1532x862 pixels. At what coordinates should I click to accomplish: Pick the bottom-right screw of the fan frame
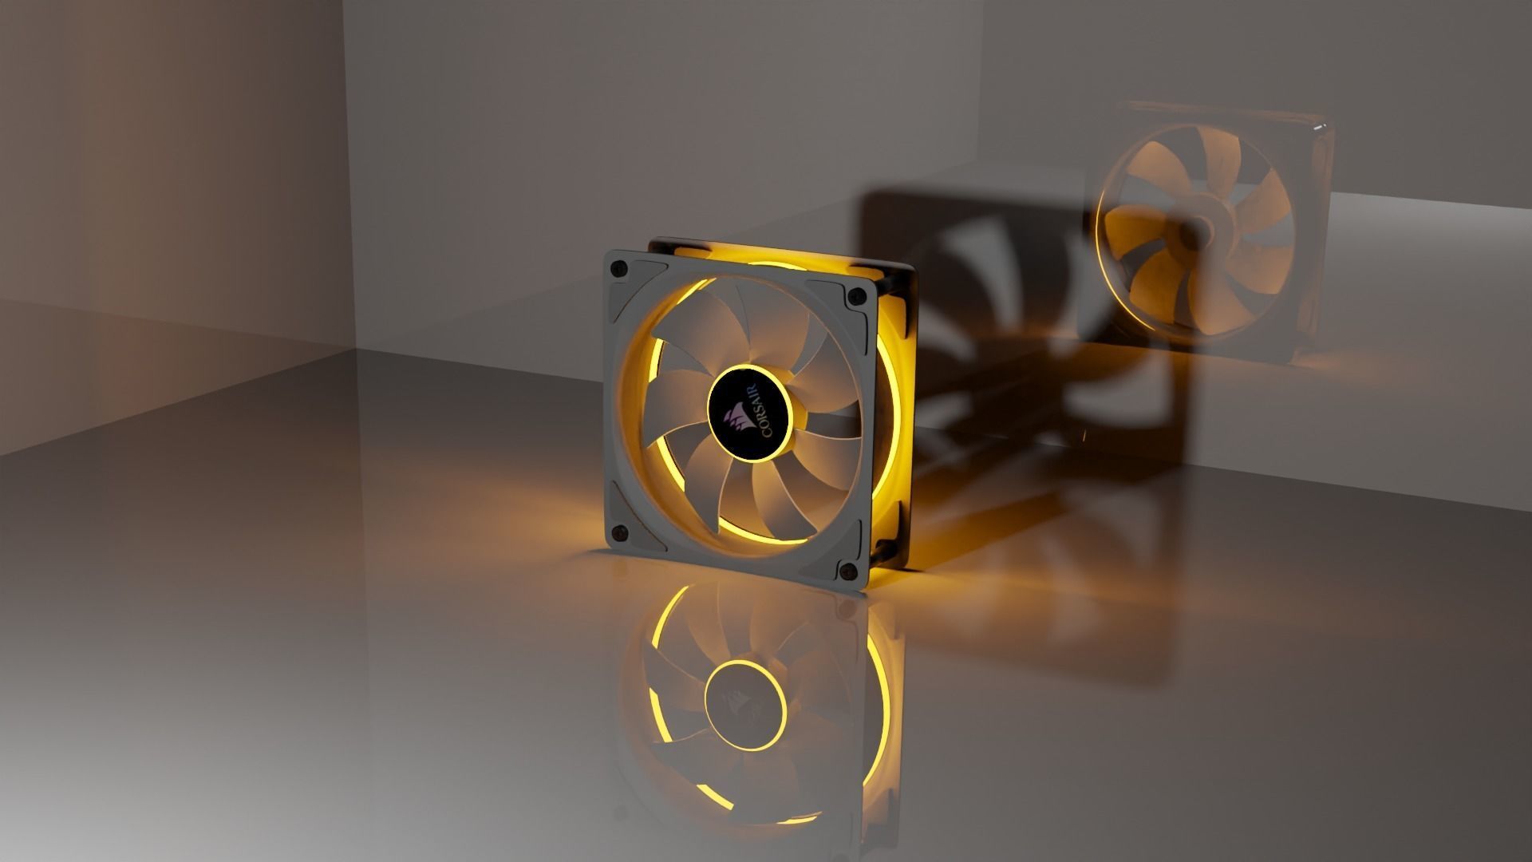846,570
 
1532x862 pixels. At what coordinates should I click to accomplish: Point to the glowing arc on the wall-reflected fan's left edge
1105,239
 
